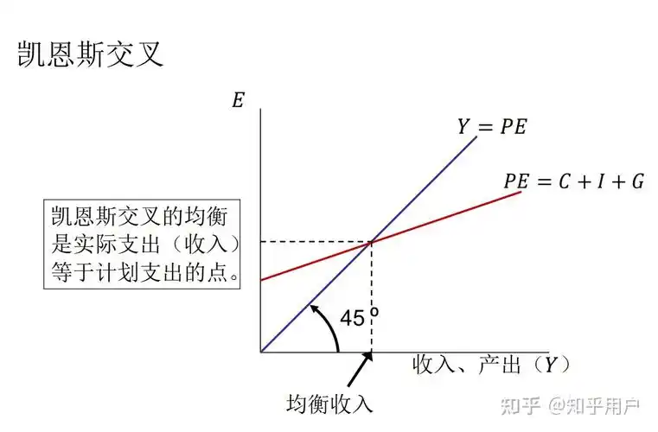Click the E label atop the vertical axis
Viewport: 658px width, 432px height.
(x=238, y=99)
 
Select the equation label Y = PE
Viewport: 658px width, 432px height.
(x=491, y=128)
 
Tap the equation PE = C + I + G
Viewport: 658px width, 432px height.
(x=572, y=182)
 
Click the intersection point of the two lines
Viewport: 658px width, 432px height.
(x=371, y=242)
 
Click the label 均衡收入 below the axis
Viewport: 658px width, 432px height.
(x=329, y=402)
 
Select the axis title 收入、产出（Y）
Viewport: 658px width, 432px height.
(x=491, y=365)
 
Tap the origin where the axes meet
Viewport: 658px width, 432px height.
(x=260, y=353)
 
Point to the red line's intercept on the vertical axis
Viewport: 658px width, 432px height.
(x=260, y=279)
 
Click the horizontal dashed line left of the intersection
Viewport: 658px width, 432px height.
(x=316, y=242)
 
